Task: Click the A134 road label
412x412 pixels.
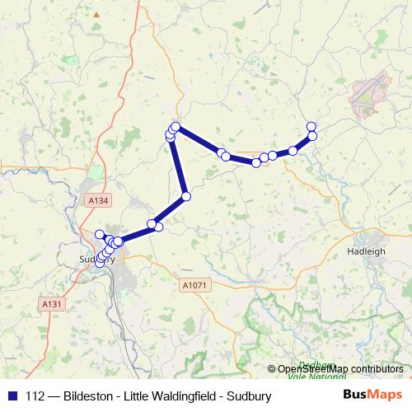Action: tap(98, 199)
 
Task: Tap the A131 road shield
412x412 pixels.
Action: tap(52, 304)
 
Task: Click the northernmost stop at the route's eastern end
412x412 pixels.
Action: tap(311, 126)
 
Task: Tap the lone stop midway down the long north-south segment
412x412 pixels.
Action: tap(186, 196)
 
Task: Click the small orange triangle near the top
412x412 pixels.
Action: tap(97, 14)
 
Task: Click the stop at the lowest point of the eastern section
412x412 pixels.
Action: tap(255, 162)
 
